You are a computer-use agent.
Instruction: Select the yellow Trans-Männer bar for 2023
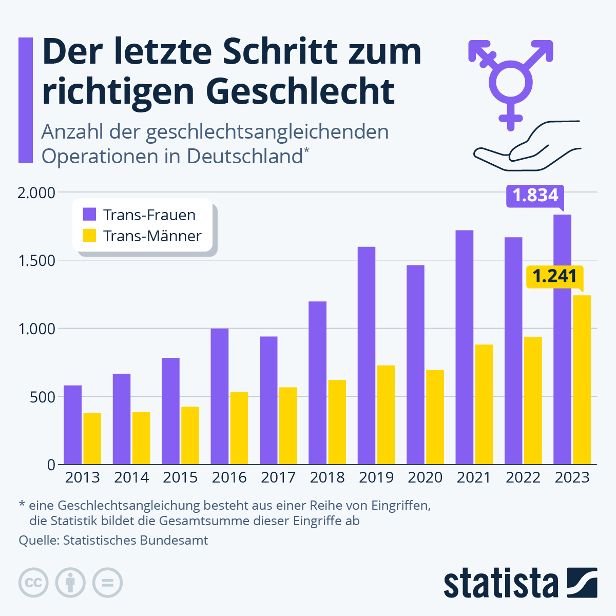coord(582,380)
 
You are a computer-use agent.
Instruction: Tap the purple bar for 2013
coord(72,425)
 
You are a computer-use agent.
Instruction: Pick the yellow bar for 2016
coord(239,428)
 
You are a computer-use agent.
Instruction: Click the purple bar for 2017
coord(268,400)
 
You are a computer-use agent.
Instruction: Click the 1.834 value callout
coord(535,196)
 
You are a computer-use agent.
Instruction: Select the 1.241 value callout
coord(554,276)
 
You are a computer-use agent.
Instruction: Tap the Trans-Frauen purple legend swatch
coord(90,215)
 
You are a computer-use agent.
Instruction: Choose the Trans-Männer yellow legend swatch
coord(90,236)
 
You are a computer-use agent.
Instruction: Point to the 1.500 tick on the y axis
coord(36,261)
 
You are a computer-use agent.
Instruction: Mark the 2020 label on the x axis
coord(425,477)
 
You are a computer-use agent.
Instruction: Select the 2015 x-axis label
coord(180,477)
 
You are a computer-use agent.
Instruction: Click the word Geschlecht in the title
coord(300,91)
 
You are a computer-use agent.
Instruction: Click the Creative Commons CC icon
coord(33,583)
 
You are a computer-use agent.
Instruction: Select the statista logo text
coord(500,583)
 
